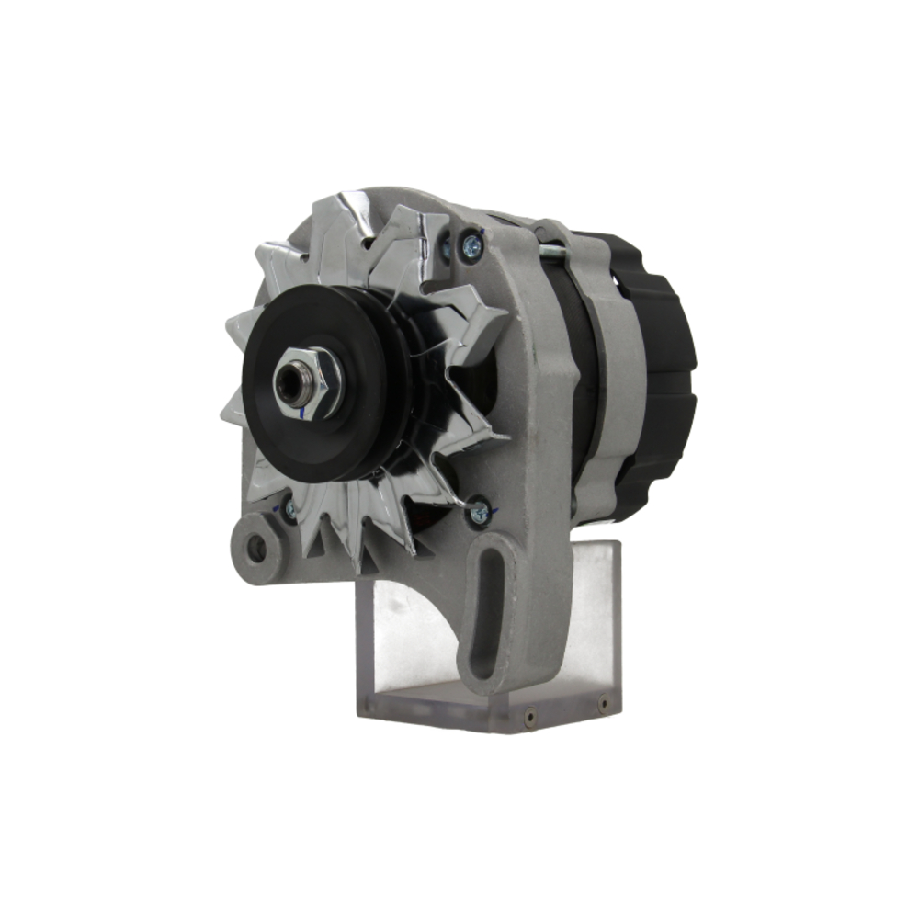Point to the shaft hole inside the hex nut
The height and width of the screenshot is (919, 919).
pyautogui.click(x=293, y=382)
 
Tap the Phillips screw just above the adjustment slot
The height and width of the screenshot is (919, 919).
pyautogui.click(x=478, y=512)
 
